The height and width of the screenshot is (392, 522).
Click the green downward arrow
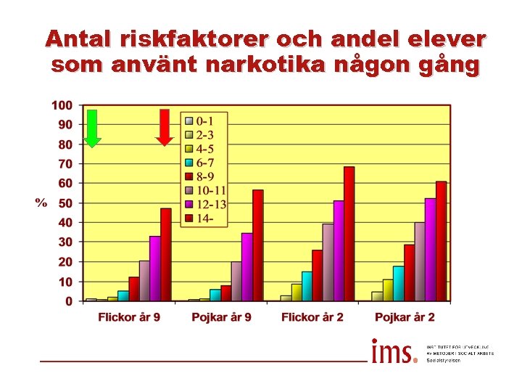(92, 128)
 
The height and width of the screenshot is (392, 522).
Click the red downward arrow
(165, 127)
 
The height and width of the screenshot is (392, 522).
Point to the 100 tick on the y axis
(62, 105)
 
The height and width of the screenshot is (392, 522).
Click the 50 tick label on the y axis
(65, 203)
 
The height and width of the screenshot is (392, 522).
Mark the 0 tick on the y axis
(68, 301)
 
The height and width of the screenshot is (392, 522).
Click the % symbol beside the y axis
(41, 203)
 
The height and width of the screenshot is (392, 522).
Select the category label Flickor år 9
(130, 317)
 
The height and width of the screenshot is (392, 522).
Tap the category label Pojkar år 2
(405, 317)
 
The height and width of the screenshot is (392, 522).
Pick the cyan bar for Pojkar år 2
(398, 283)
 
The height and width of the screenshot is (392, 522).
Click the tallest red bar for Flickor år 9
(165, 254)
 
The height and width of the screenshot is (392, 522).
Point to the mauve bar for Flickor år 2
(328, 261)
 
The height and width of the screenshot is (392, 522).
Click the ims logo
(394, 351)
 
